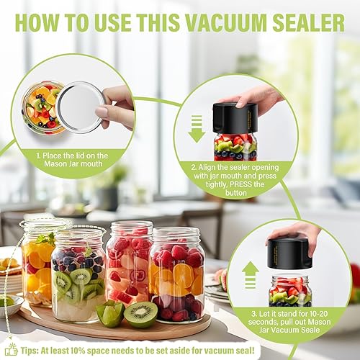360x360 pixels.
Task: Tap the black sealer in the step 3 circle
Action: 291,254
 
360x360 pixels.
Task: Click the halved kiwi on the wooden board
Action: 140,314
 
